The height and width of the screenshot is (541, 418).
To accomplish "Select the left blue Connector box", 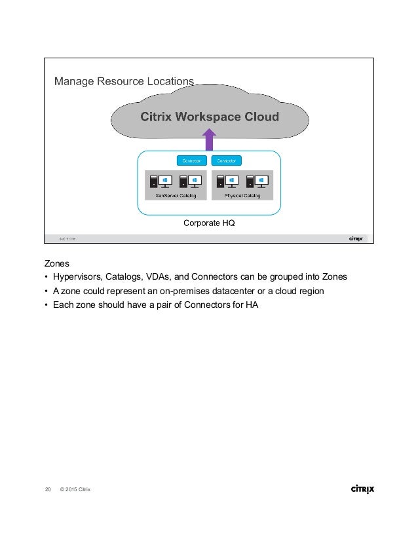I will (x=192, y=160).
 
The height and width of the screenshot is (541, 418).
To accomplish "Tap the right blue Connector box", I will (x=227, y=160).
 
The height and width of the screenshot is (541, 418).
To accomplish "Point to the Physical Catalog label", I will (x=242, y=195).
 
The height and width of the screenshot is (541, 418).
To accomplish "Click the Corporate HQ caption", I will (x=208, y=223).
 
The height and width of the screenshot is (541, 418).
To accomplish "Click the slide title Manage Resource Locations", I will (x=124, y=81).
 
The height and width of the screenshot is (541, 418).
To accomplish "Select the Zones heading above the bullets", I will (x=57, y=263).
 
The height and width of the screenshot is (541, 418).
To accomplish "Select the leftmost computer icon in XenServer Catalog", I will (x=155, y=181).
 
